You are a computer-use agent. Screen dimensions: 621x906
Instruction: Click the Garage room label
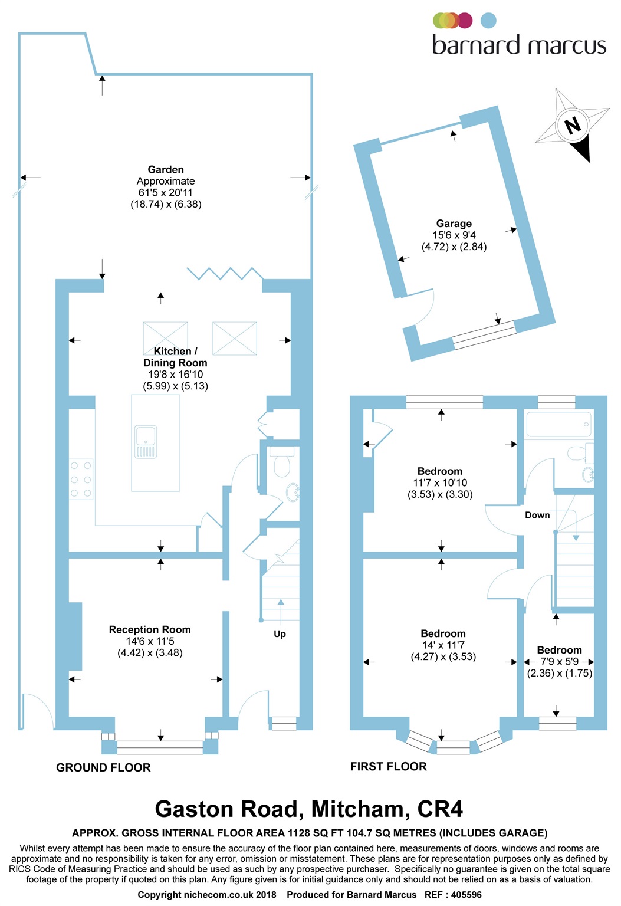tap(454, 224)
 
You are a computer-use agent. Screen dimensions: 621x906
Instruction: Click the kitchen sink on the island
tap(146, 442)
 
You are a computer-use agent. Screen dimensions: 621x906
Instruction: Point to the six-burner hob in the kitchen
tap(81, 480)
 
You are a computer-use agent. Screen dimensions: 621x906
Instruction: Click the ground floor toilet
tap(282, 461)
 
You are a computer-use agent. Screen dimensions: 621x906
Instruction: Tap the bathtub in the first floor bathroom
tap(558, 424)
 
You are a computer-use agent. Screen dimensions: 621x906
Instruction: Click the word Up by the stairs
tap(280, 634)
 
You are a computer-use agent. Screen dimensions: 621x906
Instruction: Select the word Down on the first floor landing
tap(537, 515)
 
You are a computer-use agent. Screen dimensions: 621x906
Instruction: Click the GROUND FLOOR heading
tap(103, 767)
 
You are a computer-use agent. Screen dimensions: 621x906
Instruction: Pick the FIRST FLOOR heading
tap(389, 766)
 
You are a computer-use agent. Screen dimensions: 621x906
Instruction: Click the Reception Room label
tap(150, 629)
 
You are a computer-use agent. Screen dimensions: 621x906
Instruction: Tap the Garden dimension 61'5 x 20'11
tap(165, 192)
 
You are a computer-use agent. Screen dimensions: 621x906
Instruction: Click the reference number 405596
tap(466, 894)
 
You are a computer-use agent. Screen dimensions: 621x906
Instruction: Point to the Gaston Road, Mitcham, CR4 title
tap(308, 809)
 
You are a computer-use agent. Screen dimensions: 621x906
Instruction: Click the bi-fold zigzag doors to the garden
tap(225, 274)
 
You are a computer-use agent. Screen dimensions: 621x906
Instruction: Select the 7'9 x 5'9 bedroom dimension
tap(560, 661)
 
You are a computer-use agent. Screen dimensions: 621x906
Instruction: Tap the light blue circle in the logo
tap(488, 21)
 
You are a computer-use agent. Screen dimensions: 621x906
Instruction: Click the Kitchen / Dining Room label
tap(175, 357)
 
